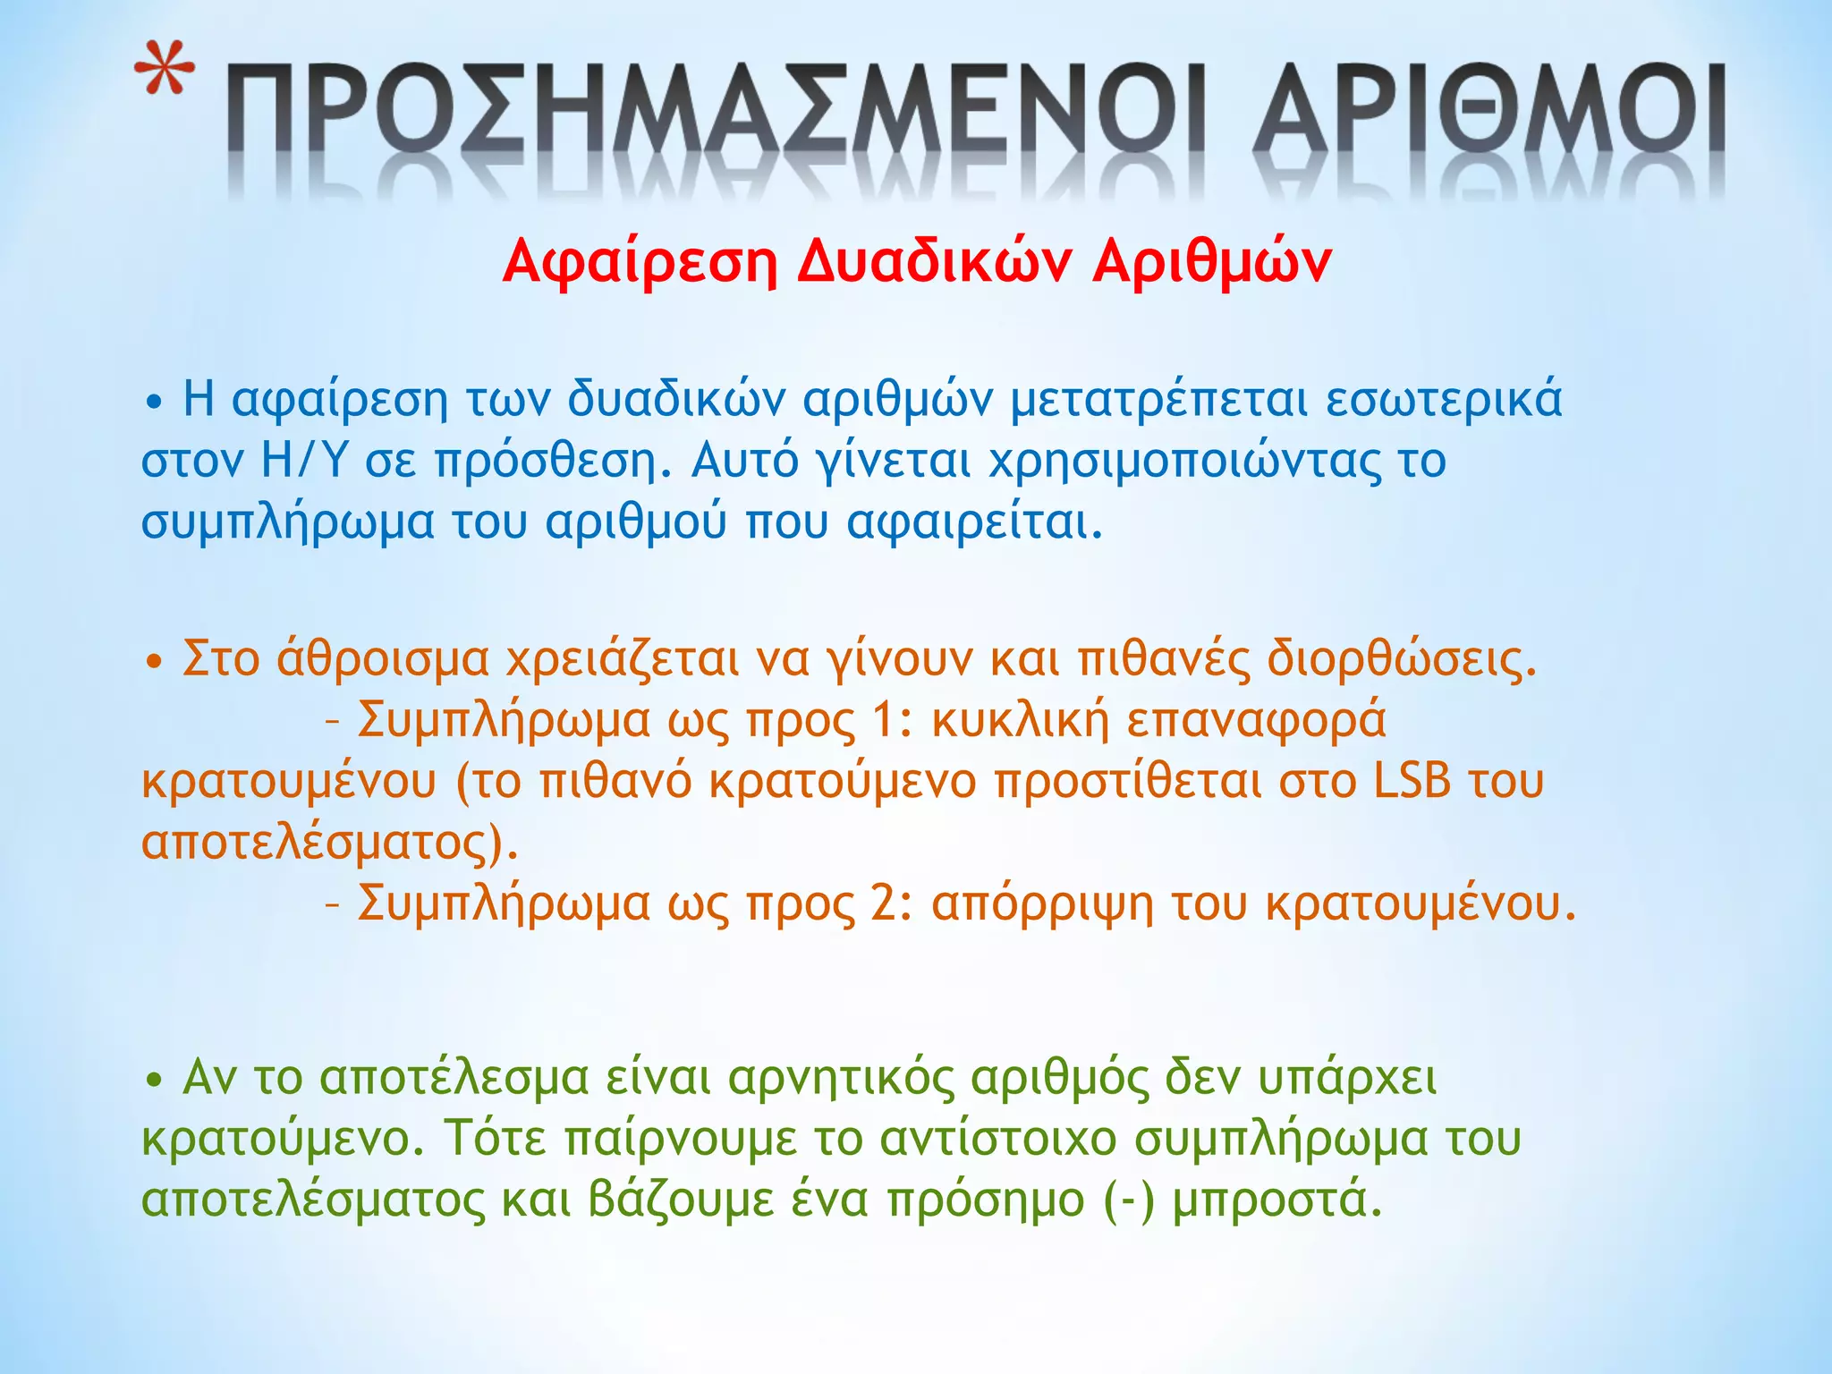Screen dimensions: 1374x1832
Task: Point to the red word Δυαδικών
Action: tap(934, 261)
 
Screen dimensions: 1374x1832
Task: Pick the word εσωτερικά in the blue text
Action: tap(1444, 399)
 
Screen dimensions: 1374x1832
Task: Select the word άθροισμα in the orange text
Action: tap(383, 660)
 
